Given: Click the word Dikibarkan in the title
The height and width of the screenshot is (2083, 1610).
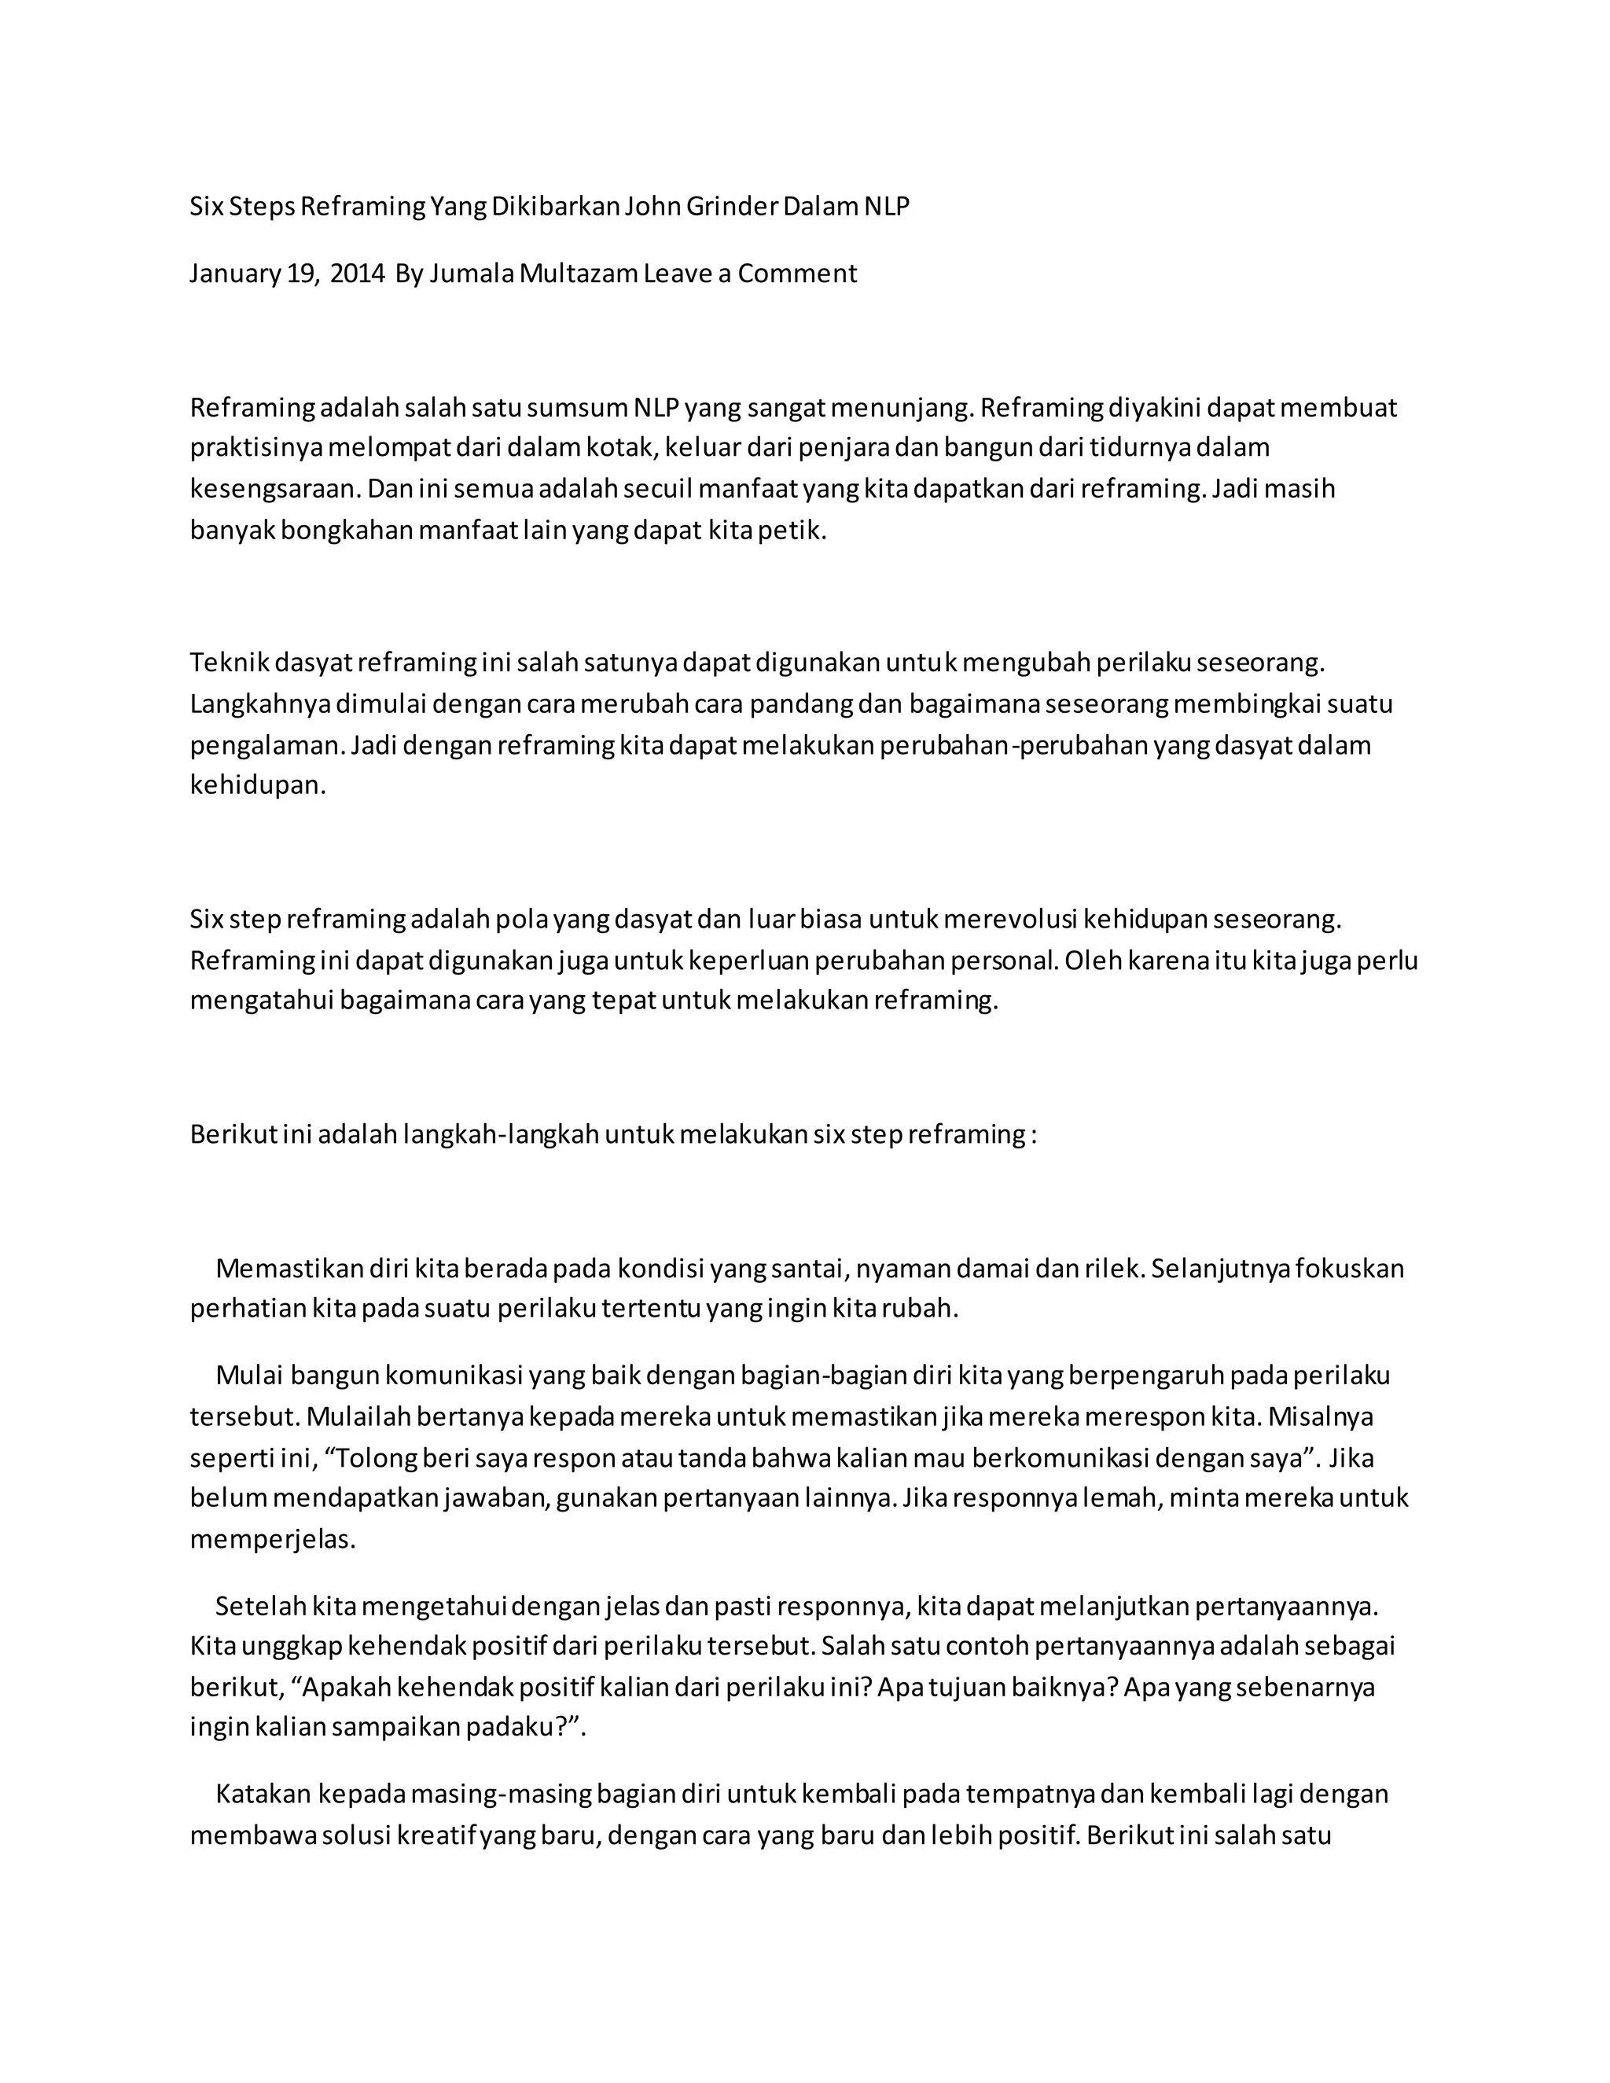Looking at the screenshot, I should (555, 206).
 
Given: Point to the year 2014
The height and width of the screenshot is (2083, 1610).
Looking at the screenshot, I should (358, 274).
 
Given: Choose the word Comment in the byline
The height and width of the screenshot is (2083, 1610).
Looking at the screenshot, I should (797, 274).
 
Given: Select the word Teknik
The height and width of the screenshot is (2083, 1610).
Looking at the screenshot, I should (229, 662).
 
